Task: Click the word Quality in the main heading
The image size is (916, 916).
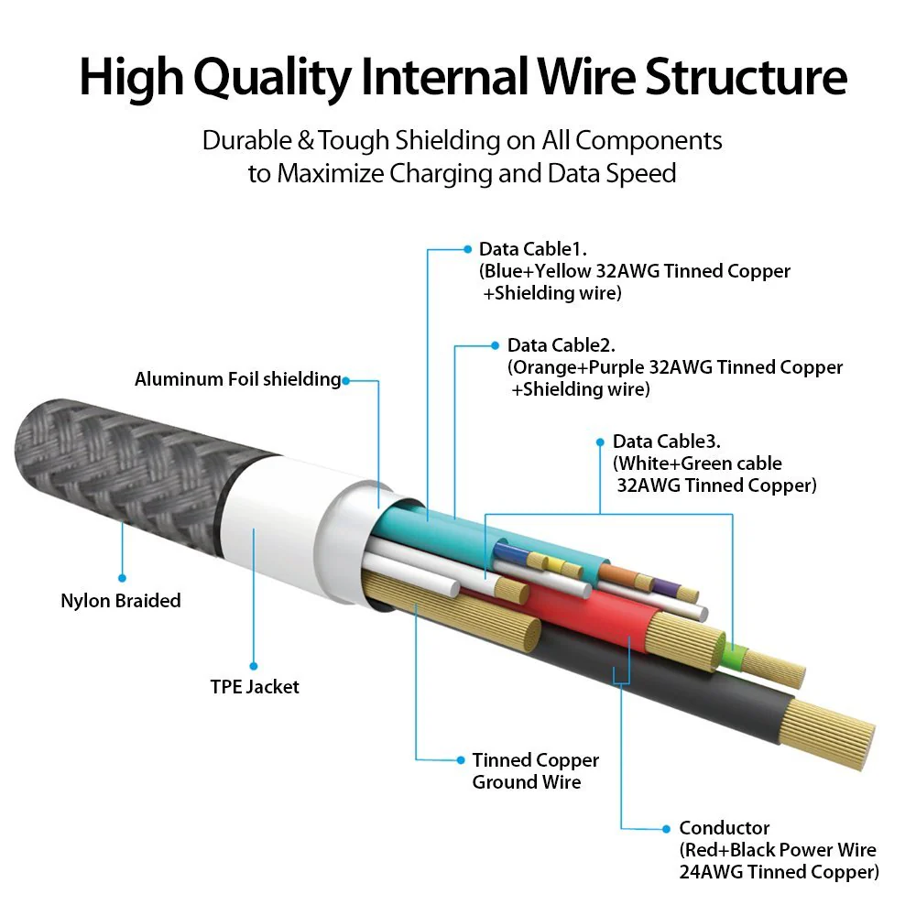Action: (272, 78)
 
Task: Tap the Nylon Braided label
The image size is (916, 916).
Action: (121, 601)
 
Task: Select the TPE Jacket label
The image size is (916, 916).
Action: (255, 686)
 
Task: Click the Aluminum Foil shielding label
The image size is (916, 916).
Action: (238, 379)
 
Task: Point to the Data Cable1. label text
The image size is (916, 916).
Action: (533, 249)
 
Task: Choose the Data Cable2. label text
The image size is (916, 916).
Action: (561, 345)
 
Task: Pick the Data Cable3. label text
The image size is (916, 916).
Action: (667, 442)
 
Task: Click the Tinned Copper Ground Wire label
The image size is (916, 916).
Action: (536, 770)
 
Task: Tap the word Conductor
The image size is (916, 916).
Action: (724, 828)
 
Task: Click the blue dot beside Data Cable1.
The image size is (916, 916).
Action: (467, 249)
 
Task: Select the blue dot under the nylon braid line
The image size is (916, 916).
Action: (122, 578)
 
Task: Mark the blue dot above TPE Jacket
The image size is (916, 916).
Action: (254, 666)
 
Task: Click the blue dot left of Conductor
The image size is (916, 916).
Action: (667, 829)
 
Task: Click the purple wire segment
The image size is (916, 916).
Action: (666, 587)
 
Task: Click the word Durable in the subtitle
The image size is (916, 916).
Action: (247, 141)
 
